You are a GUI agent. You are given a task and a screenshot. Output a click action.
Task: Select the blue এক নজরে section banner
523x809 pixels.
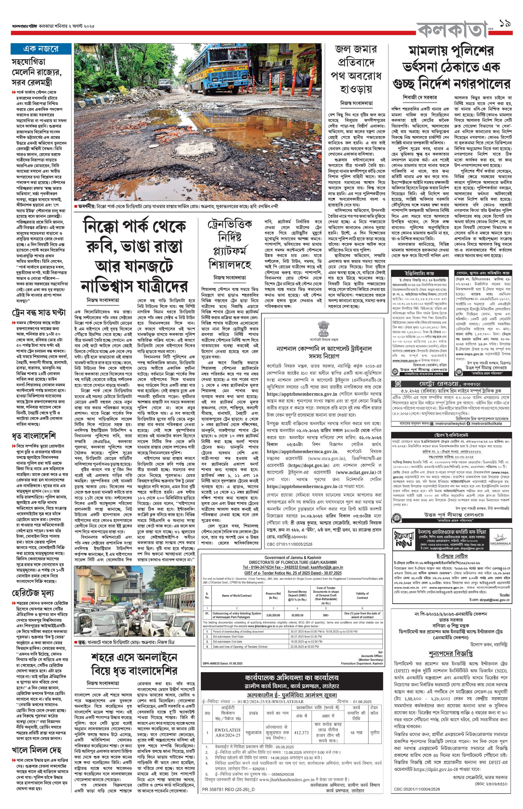point(41,49)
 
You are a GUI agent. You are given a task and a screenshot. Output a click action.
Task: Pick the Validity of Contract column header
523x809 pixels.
point(362,595)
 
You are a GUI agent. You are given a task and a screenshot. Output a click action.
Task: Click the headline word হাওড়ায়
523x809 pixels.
point(356,89)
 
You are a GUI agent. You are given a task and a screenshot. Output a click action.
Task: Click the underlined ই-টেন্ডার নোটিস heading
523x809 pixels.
point(452,556)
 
